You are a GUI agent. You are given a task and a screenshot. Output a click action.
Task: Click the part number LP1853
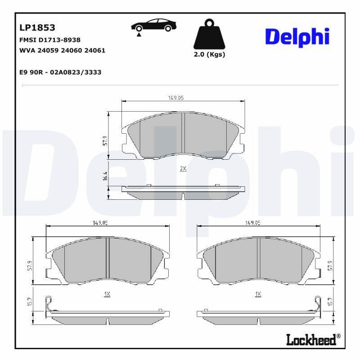point(37,28)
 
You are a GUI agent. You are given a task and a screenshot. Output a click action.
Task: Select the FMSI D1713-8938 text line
point(50,40)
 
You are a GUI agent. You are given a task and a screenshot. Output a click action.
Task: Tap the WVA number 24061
point(96,50)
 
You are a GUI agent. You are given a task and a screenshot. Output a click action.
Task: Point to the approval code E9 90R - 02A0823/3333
point(60,72)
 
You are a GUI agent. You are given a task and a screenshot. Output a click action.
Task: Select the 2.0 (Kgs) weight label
point(209,54)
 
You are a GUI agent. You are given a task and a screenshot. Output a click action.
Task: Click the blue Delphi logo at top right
point(297,37)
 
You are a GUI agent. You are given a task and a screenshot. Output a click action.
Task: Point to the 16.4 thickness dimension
point(105,176)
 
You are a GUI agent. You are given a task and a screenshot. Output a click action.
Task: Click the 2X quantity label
point(183,168)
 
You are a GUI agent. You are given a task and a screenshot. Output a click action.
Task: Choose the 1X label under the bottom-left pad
point(107,294)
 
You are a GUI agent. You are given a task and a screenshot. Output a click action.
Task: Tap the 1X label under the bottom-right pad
point(258,294)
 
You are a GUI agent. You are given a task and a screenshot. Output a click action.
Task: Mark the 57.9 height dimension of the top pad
point(105,140)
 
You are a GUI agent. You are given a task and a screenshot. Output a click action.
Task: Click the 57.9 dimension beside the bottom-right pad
point(330,265)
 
